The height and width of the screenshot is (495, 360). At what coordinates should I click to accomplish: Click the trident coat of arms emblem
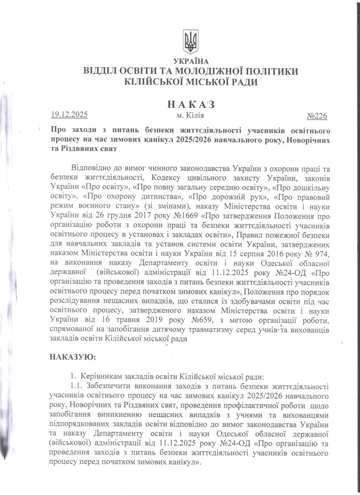click(x=190, y=41)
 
